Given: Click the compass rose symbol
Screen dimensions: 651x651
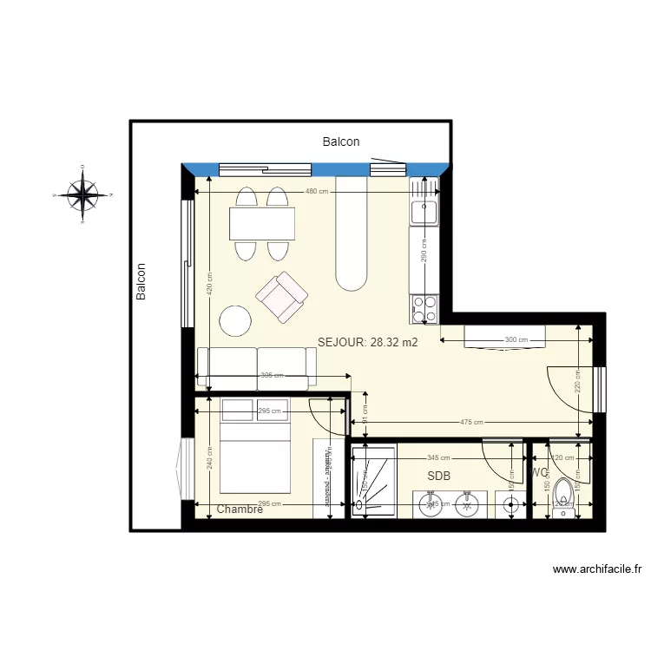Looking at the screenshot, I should click(x=82, y=195).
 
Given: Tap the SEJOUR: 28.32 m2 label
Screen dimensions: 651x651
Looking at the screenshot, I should click(x=368, y=343).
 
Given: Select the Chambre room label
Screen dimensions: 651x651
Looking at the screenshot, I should click(x=240, y=510).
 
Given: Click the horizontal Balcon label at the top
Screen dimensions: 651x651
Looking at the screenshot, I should click(x=341, y=141).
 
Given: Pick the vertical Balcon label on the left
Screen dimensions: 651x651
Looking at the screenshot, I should click(x=141, y=283).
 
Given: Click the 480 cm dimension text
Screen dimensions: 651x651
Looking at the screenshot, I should click(x=317, y=191).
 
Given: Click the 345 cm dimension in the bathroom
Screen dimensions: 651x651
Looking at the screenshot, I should click(x=438, y=457).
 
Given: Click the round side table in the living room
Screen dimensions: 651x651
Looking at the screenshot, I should click(x=235, y=321).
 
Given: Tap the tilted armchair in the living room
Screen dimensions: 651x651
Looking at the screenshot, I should click(x=283, y=297).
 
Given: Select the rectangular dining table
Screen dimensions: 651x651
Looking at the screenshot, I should click(x=262, y=225).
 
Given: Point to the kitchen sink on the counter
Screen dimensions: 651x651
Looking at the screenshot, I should click(x=425, y=208).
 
